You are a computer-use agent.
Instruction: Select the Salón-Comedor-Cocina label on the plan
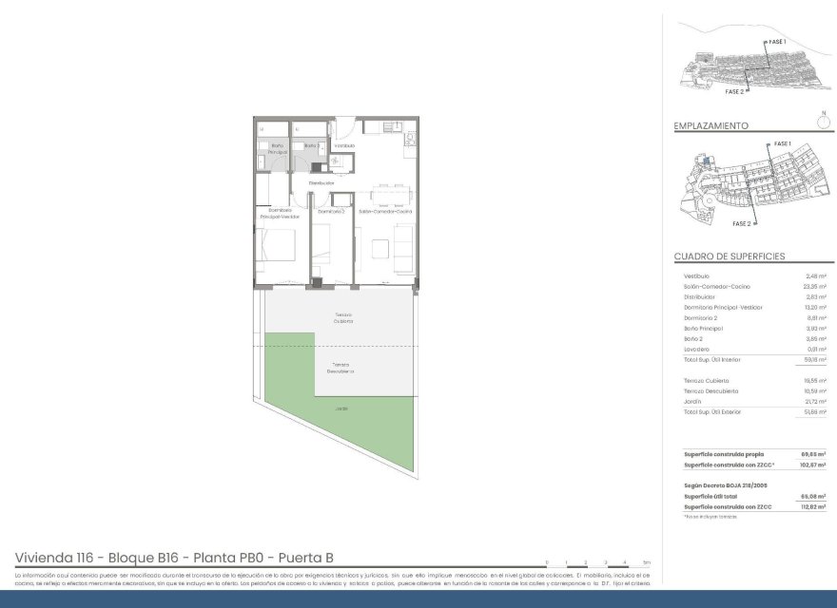[385, 211]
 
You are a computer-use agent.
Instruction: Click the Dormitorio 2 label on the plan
[330, 211]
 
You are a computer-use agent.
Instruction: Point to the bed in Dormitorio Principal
[276, 248]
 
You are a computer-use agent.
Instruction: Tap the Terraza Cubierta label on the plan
[342, 317]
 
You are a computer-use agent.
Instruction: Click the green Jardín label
[341, 409]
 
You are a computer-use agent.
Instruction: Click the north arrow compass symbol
[823, 121]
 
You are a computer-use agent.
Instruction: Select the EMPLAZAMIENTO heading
[710, 125]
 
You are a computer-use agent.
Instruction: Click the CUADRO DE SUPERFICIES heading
[729, 256]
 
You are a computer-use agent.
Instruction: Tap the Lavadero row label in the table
[700, 349]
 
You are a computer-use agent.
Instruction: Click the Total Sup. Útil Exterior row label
[718, 411]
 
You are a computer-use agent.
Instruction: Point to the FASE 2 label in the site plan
[742, 223]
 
